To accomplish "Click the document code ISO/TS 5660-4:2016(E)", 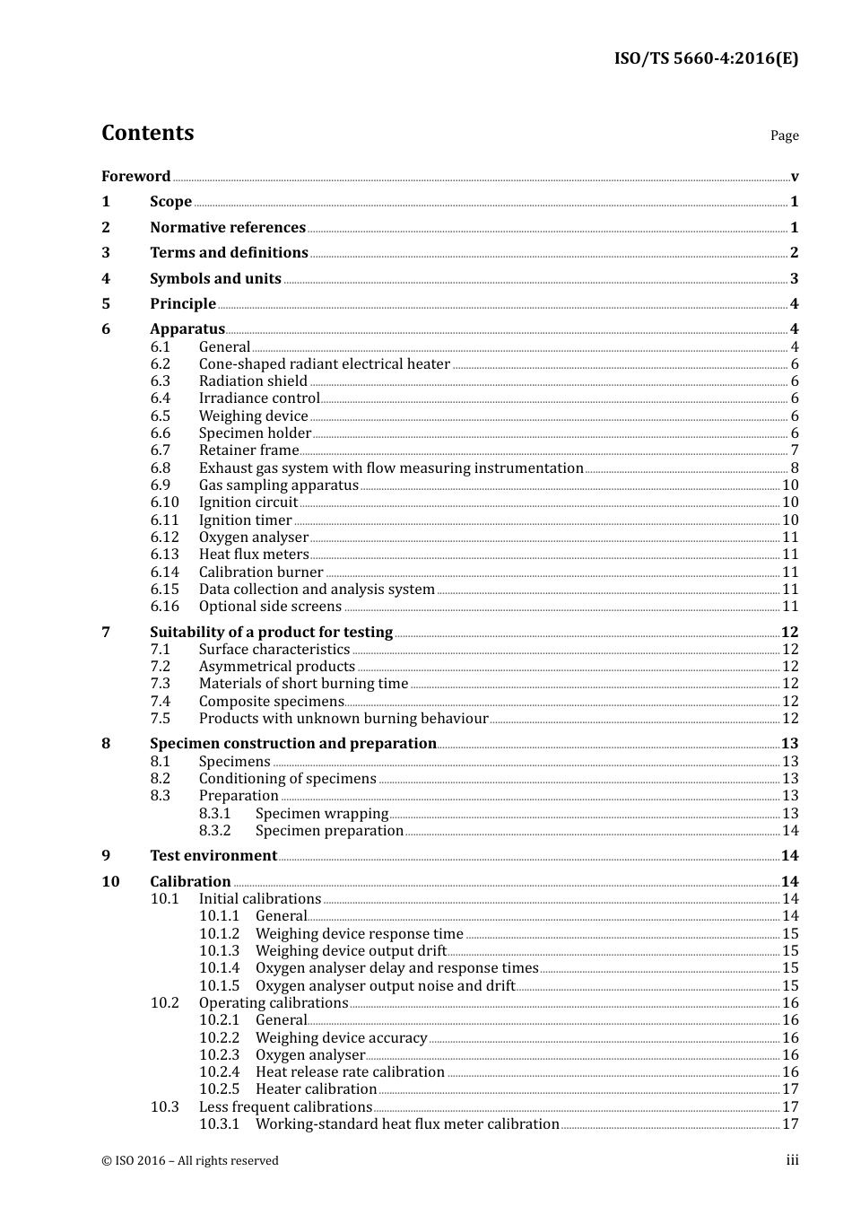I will (x=705, y=58).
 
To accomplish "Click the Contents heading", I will (x=147, y=133).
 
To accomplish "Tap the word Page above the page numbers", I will (x=784, y=135).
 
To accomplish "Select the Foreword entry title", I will (x=135, y=176).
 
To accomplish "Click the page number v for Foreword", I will (x=794, y=176).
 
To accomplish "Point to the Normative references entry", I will (x=228, y=227).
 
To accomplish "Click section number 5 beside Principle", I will (x=106, y=303).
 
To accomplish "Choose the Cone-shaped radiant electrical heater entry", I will (x=324, y=363).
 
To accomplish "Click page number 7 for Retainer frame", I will (x=794, y=450).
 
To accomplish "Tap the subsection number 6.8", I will (x=161, y=468).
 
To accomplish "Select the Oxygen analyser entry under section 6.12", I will (x=254, y=537).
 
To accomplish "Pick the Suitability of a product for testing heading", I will (x=271, y=632).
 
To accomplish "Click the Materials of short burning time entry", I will (x=303, y=683).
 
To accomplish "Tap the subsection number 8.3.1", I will (x=215, y=813).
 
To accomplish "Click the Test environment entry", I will (x=213, y=855).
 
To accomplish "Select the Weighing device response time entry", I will (x=359, y=933).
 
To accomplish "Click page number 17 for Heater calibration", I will (x=790, y=1088).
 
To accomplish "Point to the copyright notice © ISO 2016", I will (x=189, y=1160).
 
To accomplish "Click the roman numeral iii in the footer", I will (x=793, y=1160).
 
